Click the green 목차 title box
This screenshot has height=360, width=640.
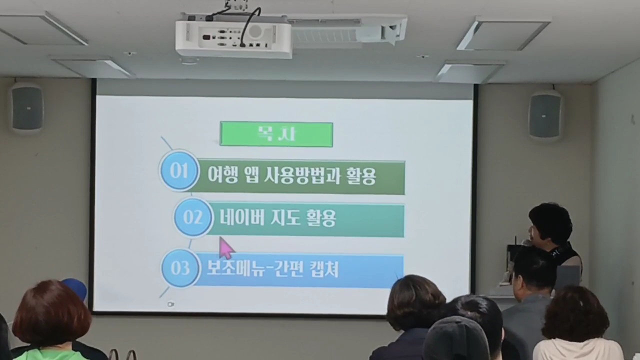(276, 134)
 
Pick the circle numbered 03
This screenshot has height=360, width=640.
(180, 268)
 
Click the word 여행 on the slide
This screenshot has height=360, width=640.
(223, 175)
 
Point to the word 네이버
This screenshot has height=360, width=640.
(238, 218)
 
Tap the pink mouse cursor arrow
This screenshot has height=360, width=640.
(226, 247)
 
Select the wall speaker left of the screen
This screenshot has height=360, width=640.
(27, 107)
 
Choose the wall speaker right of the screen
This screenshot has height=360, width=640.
(545, 114)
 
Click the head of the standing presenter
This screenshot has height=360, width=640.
(550, 225)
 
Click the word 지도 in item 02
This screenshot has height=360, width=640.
(278, 218)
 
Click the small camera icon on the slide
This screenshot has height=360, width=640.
(170, 304)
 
